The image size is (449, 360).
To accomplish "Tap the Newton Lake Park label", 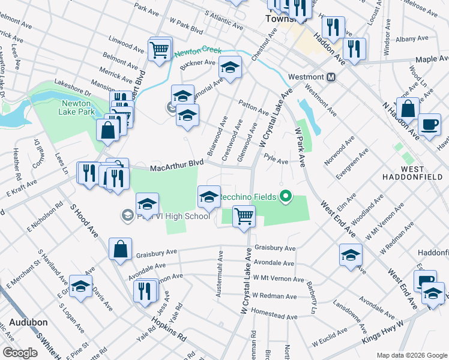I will (x=77, y=107).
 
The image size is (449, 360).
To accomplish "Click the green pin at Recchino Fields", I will (x=286, y=196).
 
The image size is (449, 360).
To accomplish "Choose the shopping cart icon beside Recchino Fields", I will (x=243, y=215).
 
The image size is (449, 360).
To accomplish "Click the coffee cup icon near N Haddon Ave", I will (x=429, y=124).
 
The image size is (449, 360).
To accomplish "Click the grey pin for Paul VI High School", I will (x=127, y=214).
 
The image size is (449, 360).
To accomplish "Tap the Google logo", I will (x=20, y=353).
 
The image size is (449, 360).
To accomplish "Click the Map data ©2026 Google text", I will (x=411, y=355).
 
